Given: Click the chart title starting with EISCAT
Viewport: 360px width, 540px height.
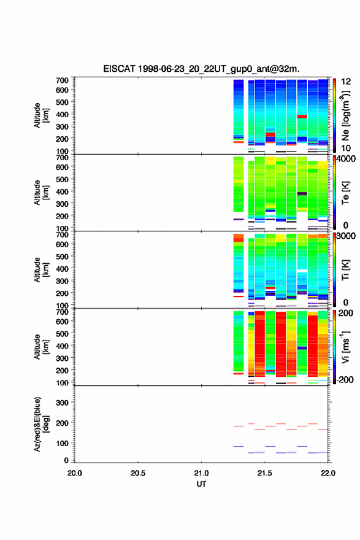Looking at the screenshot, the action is [x=201, y=69].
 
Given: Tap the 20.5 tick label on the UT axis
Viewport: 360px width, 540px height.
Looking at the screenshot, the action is [x=137, y=473].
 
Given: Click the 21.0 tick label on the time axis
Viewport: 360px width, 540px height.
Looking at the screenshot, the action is [x=201, y=473].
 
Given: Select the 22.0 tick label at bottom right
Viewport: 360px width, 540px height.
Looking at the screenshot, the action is [x=328, y=473].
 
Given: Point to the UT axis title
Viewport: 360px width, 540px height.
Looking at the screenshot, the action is [x=201, y=484].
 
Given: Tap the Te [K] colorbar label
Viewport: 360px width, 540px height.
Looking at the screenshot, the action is [x=345, y=193].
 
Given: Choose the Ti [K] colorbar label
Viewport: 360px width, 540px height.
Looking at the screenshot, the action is [x=345, y=269].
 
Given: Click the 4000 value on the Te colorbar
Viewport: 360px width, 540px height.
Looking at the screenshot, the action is [x=347, y=160].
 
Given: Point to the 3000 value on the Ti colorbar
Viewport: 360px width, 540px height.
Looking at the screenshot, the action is [x=347, y=237].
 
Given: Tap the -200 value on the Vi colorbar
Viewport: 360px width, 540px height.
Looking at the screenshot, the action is [x=344, y=379].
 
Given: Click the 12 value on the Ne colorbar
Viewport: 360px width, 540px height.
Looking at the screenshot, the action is [x=347, y=82].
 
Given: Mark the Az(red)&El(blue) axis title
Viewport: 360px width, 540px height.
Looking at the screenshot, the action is [x=41, y=424].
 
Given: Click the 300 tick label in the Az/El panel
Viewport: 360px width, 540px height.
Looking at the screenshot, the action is [x=63, y=403].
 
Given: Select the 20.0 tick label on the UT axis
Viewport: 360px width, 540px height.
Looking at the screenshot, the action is [x=75, y=473].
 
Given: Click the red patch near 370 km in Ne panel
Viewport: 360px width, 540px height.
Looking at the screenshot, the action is [x=302, y=117].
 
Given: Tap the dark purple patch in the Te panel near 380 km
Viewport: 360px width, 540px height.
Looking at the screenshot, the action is [x=302, y=194].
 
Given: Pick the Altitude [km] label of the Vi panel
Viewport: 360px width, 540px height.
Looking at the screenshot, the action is [x=41, y=347].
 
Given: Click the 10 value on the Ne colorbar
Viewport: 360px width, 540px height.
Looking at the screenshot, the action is [x=347, y=148].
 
